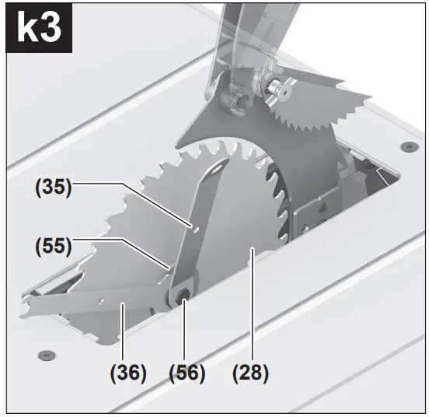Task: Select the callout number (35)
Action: coord(51,187)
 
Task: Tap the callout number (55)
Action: coord(51,247)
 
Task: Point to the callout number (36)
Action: coord(127,373)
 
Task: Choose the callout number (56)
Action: coord(187,373)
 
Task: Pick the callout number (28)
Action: coord(249,373)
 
